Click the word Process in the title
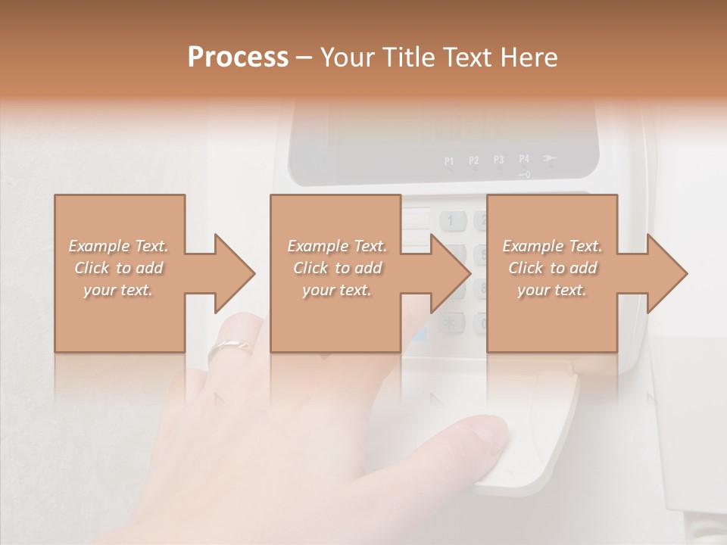(x=238, y=58)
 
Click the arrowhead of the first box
(x=234, y=273)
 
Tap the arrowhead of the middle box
(x=450, y=273)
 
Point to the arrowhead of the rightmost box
(x=666, y=273)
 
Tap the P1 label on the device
(x=449, y=160)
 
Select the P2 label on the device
(x=474, y=160)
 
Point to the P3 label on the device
(x=499, y=160)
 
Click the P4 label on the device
(x=524, y=159)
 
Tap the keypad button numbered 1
(x=452, y=221)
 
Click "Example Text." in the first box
(x=119, y=246)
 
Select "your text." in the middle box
(x=336, y=290)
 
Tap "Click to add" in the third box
(x=552, y=268)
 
